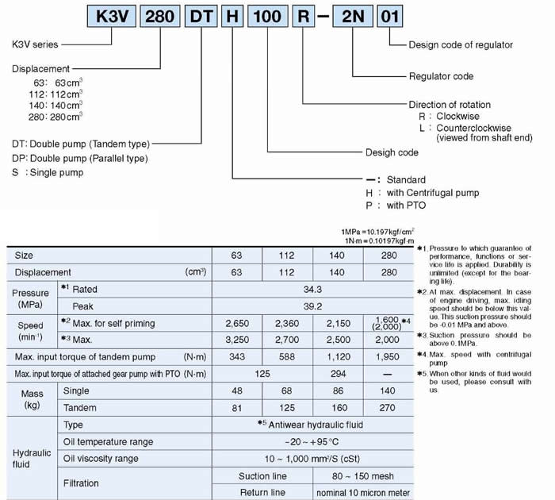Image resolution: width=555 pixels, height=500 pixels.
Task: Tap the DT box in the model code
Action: pyautogui.click(x=201, y=17)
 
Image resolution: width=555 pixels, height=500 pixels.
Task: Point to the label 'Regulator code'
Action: pyautogui.click(x=441, y=76)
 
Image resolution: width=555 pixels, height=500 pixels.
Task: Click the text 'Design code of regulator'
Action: pyautogui.click(x=461, y=44)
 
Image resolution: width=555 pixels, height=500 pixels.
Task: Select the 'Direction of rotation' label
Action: pyautogui.click(x=450, y=104)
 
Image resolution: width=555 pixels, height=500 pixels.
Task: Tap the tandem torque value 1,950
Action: pyautogui.click(x=388, y=356)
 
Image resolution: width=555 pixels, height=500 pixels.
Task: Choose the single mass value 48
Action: pyautogui.click(x=237, y=390)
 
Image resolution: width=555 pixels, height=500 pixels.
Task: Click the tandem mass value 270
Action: pyautogui.click(x=388, y=407)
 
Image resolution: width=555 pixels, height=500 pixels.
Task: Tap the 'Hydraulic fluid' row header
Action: pyautogui.click(x=31, y=458)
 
